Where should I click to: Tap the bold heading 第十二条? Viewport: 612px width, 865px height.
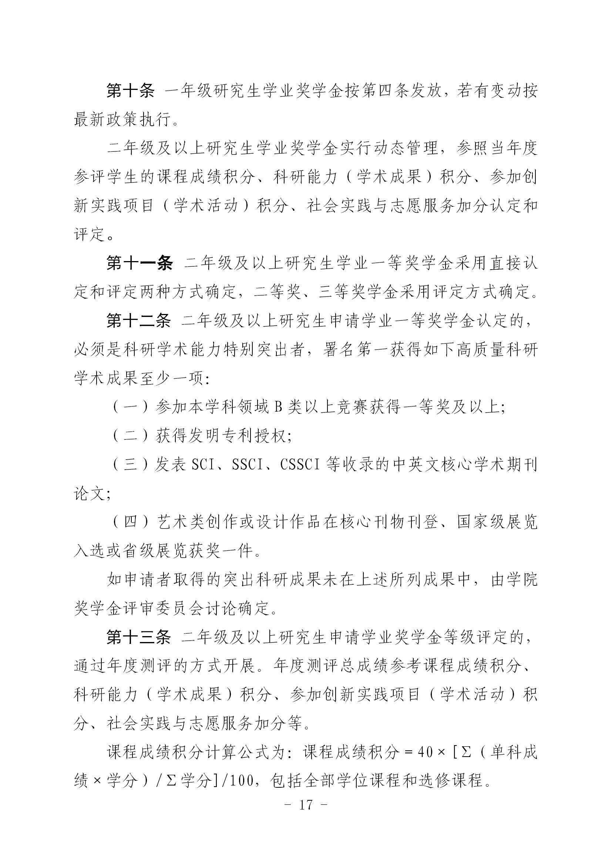coord(138,321)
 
